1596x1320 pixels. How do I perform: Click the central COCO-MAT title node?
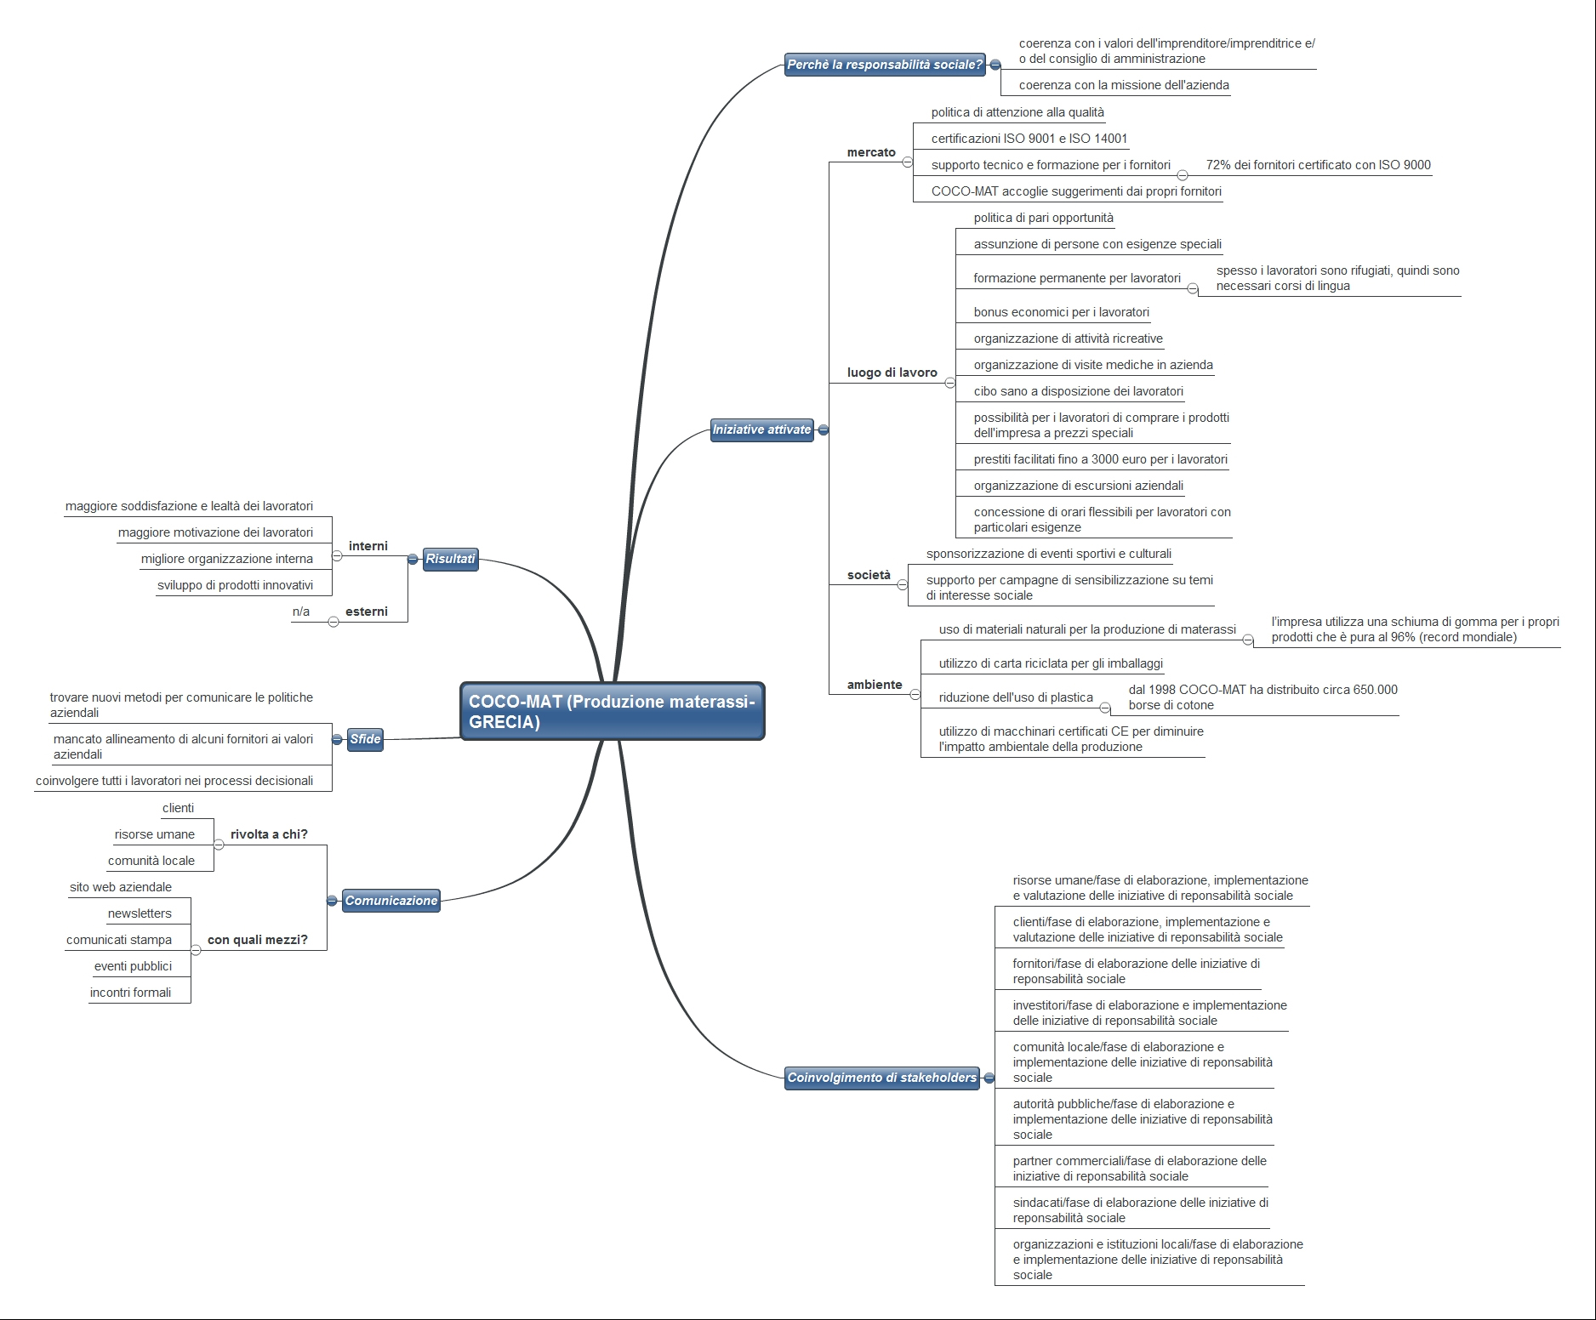pyautogui.click(x=613, y=711)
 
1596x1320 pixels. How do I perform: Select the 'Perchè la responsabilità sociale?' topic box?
pyautogui.click(x=885, y=65)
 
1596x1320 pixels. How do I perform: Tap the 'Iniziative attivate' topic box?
pyautogui.click(x=762, y=430)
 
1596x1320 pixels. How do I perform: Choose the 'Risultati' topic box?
pyautogui.click(x=450, y=559)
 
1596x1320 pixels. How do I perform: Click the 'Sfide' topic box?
pyautogui.click(x=365, y=739)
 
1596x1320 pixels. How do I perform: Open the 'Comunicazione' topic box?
pyautogui.click(x=391, y=901)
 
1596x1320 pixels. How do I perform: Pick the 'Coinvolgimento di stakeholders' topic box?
pyautogui.click(x=882, y=1078)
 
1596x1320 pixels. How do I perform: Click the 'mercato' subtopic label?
pyautogui.click(x=871, y=152)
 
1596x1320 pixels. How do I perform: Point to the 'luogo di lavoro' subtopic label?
pyautogui.click(x=892, y=373)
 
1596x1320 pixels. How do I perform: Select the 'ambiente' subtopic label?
pyautogui.click(x=875, y=685)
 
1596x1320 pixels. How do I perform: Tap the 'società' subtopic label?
pyautogui.click(x=869, y=575)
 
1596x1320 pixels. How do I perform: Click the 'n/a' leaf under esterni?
pyautogui.click(x=301, y=612)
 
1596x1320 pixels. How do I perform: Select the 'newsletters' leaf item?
pyautogui.click(x=140, y=913)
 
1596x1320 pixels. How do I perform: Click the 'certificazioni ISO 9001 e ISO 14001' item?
pyautogui.click(x=1029, y=139)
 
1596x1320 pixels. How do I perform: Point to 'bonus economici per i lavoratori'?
pyautogui.click(x=1062, y=312)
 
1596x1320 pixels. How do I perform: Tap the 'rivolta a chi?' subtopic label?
pyautogui.click(x=269, y=834)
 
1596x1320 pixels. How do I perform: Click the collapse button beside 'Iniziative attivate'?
pyautogui.click(x=824, y=430)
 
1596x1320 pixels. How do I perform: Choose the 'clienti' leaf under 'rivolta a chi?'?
pyautogui.click(x=178, y=808)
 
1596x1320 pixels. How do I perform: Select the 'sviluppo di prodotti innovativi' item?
pyautogui.click(x=235, y=585)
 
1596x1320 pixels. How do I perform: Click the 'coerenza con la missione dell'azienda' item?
pyautogui.click(x=1124, y=85)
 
